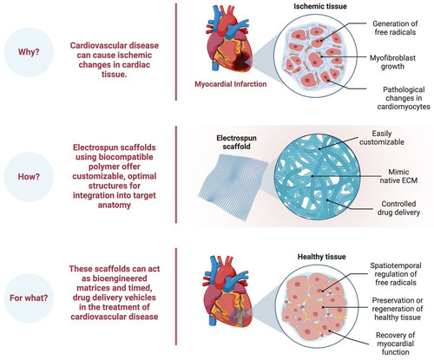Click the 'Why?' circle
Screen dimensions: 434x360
tap(29, 52)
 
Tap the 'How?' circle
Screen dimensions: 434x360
tap(29, 176)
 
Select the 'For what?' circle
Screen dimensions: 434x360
tap(29, 298)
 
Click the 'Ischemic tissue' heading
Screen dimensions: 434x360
tap(320, 6)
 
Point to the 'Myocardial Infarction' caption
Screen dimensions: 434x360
tap(231, 84)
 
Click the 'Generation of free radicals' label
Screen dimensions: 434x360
tap(395, 28)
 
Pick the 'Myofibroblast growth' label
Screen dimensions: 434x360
tap(392, 62)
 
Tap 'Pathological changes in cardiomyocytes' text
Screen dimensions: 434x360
tap(404, 98)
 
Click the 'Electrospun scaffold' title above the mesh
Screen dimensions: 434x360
tap(236, 142)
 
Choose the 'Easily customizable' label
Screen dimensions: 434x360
tap(382, 138)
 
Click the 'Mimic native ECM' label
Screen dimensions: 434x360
tap(398, 176)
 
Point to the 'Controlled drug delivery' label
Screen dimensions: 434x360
tap(398, 208)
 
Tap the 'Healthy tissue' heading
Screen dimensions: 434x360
tap(322, 257)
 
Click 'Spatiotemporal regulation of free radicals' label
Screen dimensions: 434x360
tap(396, 274)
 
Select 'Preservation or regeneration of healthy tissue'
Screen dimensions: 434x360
tap(398, 309)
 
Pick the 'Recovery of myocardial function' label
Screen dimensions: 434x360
tap(395, 344)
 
